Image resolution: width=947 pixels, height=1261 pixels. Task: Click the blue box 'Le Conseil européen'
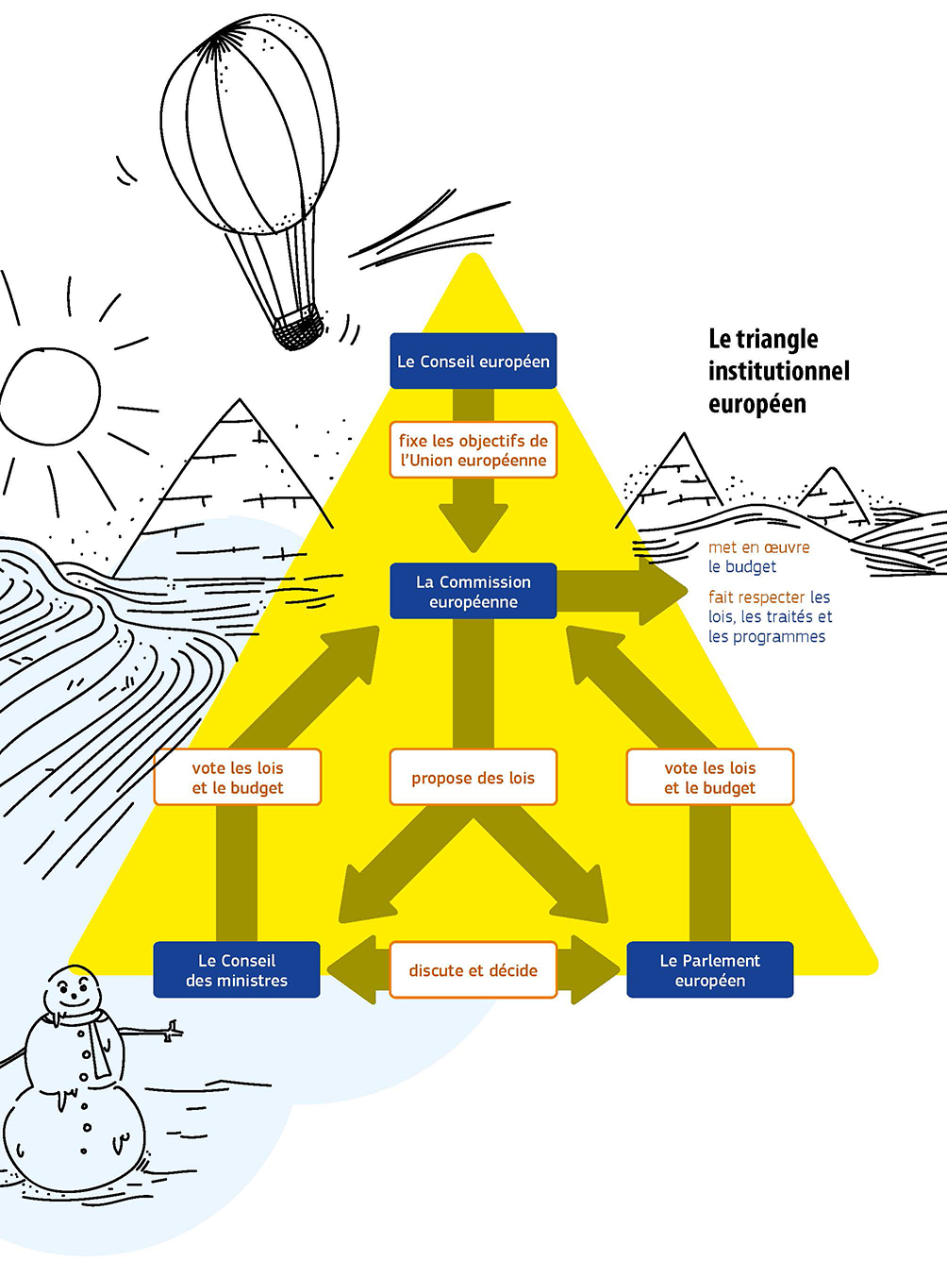pos(473,361)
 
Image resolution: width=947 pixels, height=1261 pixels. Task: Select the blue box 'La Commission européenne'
pos(473,592)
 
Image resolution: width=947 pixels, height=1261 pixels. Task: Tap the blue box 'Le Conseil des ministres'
pos(237,970)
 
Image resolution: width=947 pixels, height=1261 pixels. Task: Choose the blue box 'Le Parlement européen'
pos(709,970)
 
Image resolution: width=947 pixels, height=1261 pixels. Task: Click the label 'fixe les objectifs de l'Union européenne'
pos(473,450)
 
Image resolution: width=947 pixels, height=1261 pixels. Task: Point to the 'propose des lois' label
pos(473,778)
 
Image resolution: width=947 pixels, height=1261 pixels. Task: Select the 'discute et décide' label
pos(473,970)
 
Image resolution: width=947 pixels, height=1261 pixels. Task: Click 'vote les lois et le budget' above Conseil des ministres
pos(237,778)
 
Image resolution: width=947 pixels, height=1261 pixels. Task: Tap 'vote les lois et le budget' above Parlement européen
pos(709,778)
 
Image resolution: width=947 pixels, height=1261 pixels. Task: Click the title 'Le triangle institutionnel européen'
pos(778,371)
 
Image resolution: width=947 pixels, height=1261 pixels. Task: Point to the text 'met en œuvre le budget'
pos(758,557)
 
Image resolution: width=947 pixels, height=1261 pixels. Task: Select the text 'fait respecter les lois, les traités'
pos(770,616)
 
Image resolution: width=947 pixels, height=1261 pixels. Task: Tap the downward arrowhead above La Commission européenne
pos(473,528)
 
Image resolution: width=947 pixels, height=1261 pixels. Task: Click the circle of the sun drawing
pos(49,394)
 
